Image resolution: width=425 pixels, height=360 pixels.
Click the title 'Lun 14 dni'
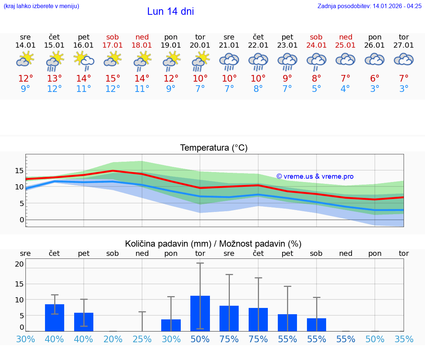(x=170, y=11)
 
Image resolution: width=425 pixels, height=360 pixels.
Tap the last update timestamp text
(x=369, y=6)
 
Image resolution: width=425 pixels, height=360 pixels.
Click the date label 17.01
(x=113, y=45)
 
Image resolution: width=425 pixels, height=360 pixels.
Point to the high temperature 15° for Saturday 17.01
(x=113, y=79)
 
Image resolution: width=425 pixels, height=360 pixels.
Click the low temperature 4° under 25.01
(x=345, y=89)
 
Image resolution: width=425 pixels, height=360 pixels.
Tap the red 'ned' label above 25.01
(x=346, y=37)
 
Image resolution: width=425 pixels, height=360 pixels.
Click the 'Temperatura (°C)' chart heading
(x=214, y=148)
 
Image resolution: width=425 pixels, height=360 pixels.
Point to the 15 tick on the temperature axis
(x=19, y=171)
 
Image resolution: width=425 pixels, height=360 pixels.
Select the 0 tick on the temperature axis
(x=22, y=220)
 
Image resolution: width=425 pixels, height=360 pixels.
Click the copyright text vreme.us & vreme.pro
(x=315, y=176)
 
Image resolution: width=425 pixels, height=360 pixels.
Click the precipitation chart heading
(x=213, y=244)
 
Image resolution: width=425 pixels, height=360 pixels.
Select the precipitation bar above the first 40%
(x=55, y=318)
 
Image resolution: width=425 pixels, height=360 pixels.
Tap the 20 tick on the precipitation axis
(x=19, y=264)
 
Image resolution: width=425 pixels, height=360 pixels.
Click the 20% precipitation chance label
(x=113, y=339)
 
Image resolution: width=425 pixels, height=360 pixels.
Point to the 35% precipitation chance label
(x=404, y=339)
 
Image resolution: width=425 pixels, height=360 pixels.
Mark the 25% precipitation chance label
(x=142, y=339)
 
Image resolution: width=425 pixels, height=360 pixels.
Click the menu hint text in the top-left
(x=41, y=6)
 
